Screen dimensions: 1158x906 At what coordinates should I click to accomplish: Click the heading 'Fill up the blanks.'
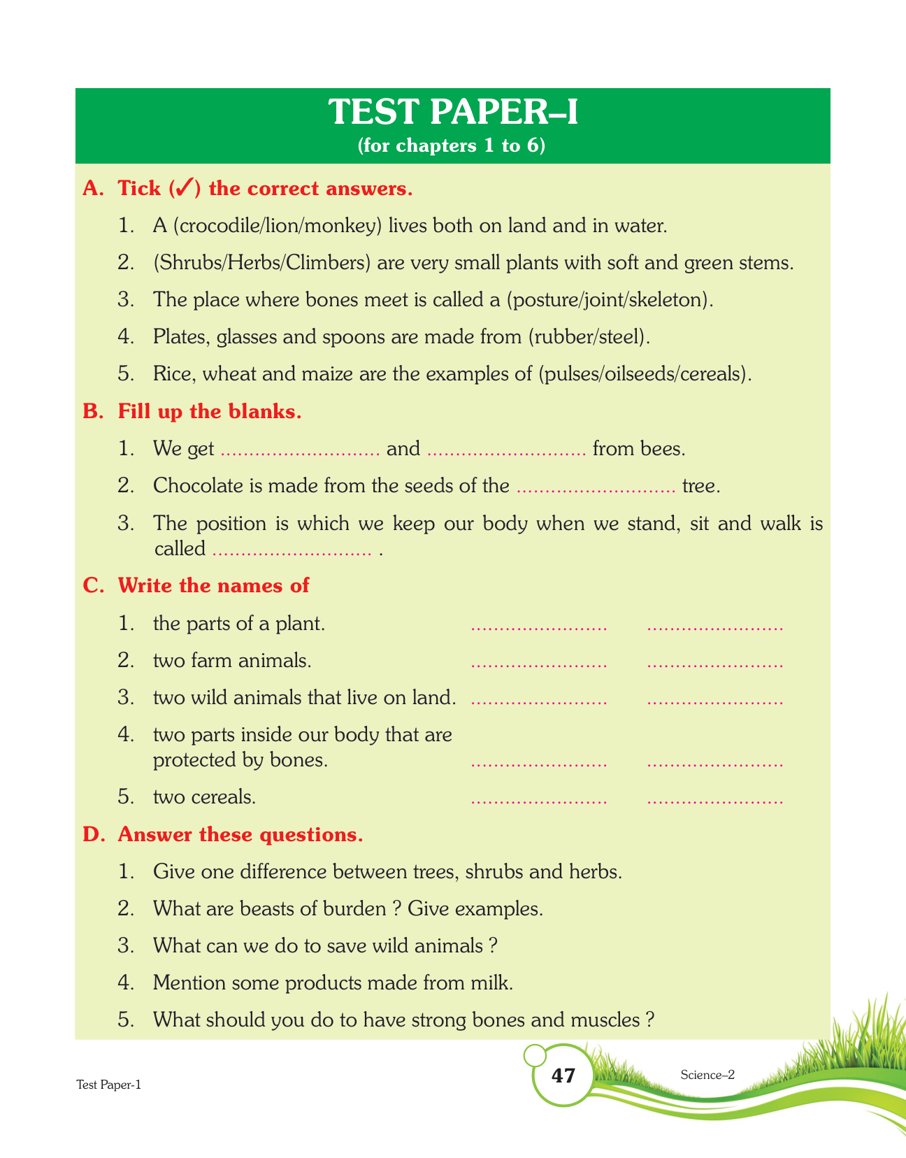pyautogui.click(x=210, y=411)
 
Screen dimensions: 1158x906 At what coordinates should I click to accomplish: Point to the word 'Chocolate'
pyautogui.click(x=198, y=485)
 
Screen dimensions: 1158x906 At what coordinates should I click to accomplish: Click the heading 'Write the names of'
pyautogui.click(x=213, y=585)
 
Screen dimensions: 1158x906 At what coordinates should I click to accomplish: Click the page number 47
pyautogui.click(x=563, y=1075)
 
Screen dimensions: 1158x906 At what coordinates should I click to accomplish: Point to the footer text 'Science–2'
pyautogui.click(x=707, y=1075)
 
